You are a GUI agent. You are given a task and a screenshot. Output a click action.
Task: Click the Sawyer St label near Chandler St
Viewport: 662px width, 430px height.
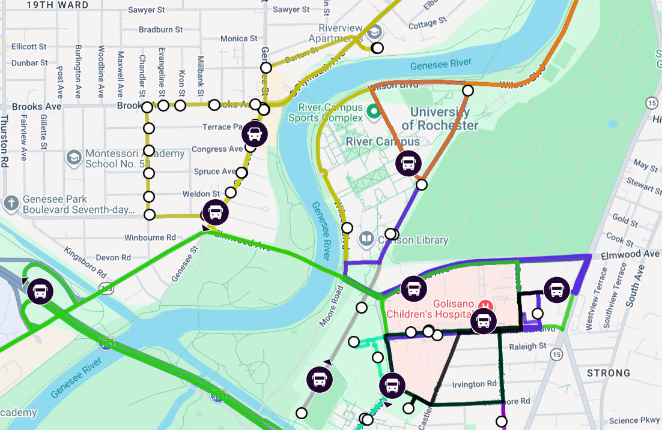tap(147, 11)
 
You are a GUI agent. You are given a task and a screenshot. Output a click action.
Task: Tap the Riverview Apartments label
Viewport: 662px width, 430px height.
tap(341, 33)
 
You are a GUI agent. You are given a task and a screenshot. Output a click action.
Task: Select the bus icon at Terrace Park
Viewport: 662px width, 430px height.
tap(255, 134)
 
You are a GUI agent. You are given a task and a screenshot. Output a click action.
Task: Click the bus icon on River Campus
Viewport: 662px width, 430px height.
tap(408, 163)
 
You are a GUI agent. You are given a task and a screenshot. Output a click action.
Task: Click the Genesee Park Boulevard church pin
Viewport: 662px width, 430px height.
tap(11, 203)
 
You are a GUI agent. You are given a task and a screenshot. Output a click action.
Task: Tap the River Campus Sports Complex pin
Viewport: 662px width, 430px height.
tap(373, 111)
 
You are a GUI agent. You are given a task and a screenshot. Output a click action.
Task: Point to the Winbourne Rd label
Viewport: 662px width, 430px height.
tap(150, 237)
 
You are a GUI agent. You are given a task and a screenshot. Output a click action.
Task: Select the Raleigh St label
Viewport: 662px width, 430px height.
tap(527, 346)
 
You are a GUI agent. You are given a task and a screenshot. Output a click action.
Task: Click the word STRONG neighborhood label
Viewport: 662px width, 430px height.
tap(609, 372)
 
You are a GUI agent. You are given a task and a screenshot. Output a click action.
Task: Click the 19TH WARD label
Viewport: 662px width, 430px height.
tap(58, 5)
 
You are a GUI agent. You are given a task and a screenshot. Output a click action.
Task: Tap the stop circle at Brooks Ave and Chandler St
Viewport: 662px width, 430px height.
tap(148, 107)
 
